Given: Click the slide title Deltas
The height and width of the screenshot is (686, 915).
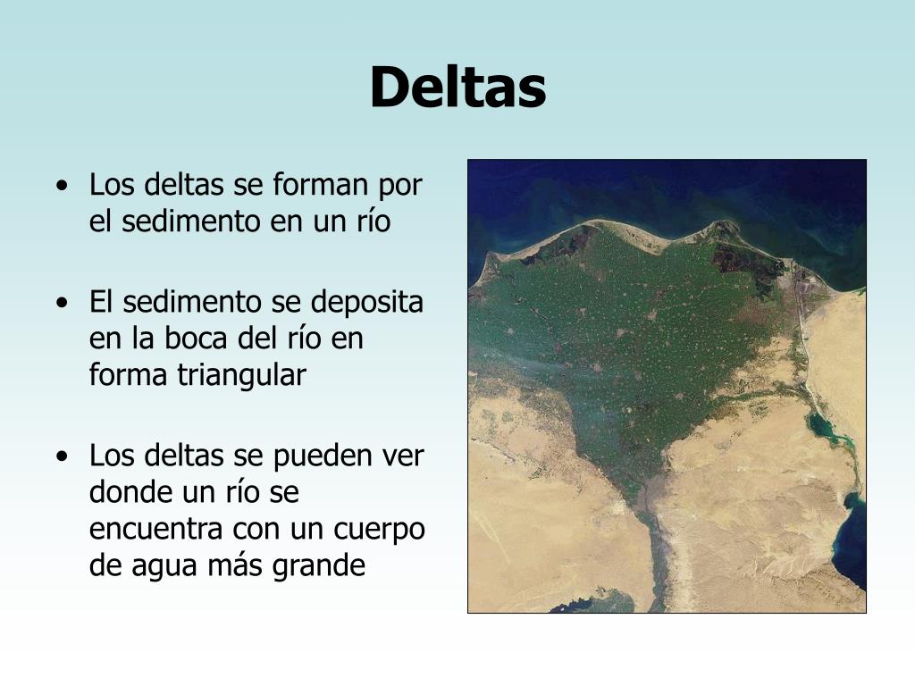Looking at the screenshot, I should point(457,88).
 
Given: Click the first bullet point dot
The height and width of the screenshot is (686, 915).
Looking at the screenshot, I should point(62,187).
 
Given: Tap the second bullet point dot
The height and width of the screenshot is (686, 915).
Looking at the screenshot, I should point(62,303).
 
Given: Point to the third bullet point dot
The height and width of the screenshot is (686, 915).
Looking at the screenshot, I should point(62,456).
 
